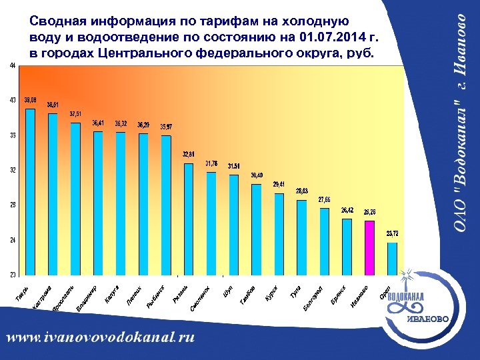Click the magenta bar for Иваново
pos(369,247)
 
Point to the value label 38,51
pos(53,105)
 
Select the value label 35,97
pos(169,126)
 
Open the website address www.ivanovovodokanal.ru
pos(101,337)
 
